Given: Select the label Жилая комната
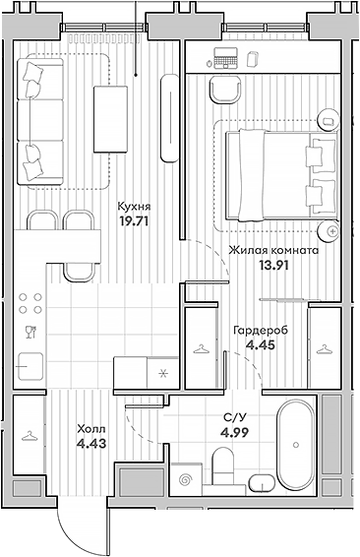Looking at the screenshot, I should [272, 250].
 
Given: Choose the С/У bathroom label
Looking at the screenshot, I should [235, 416].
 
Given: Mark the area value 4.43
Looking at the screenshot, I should [90, 444].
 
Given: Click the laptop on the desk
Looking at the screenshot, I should [225, 58].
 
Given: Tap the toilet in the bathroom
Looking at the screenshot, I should [262, 480].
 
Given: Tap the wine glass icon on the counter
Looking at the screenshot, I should [29, 331].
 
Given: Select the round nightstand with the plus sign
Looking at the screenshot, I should [332, 230].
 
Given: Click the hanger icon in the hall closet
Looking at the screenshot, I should [29, 433].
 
